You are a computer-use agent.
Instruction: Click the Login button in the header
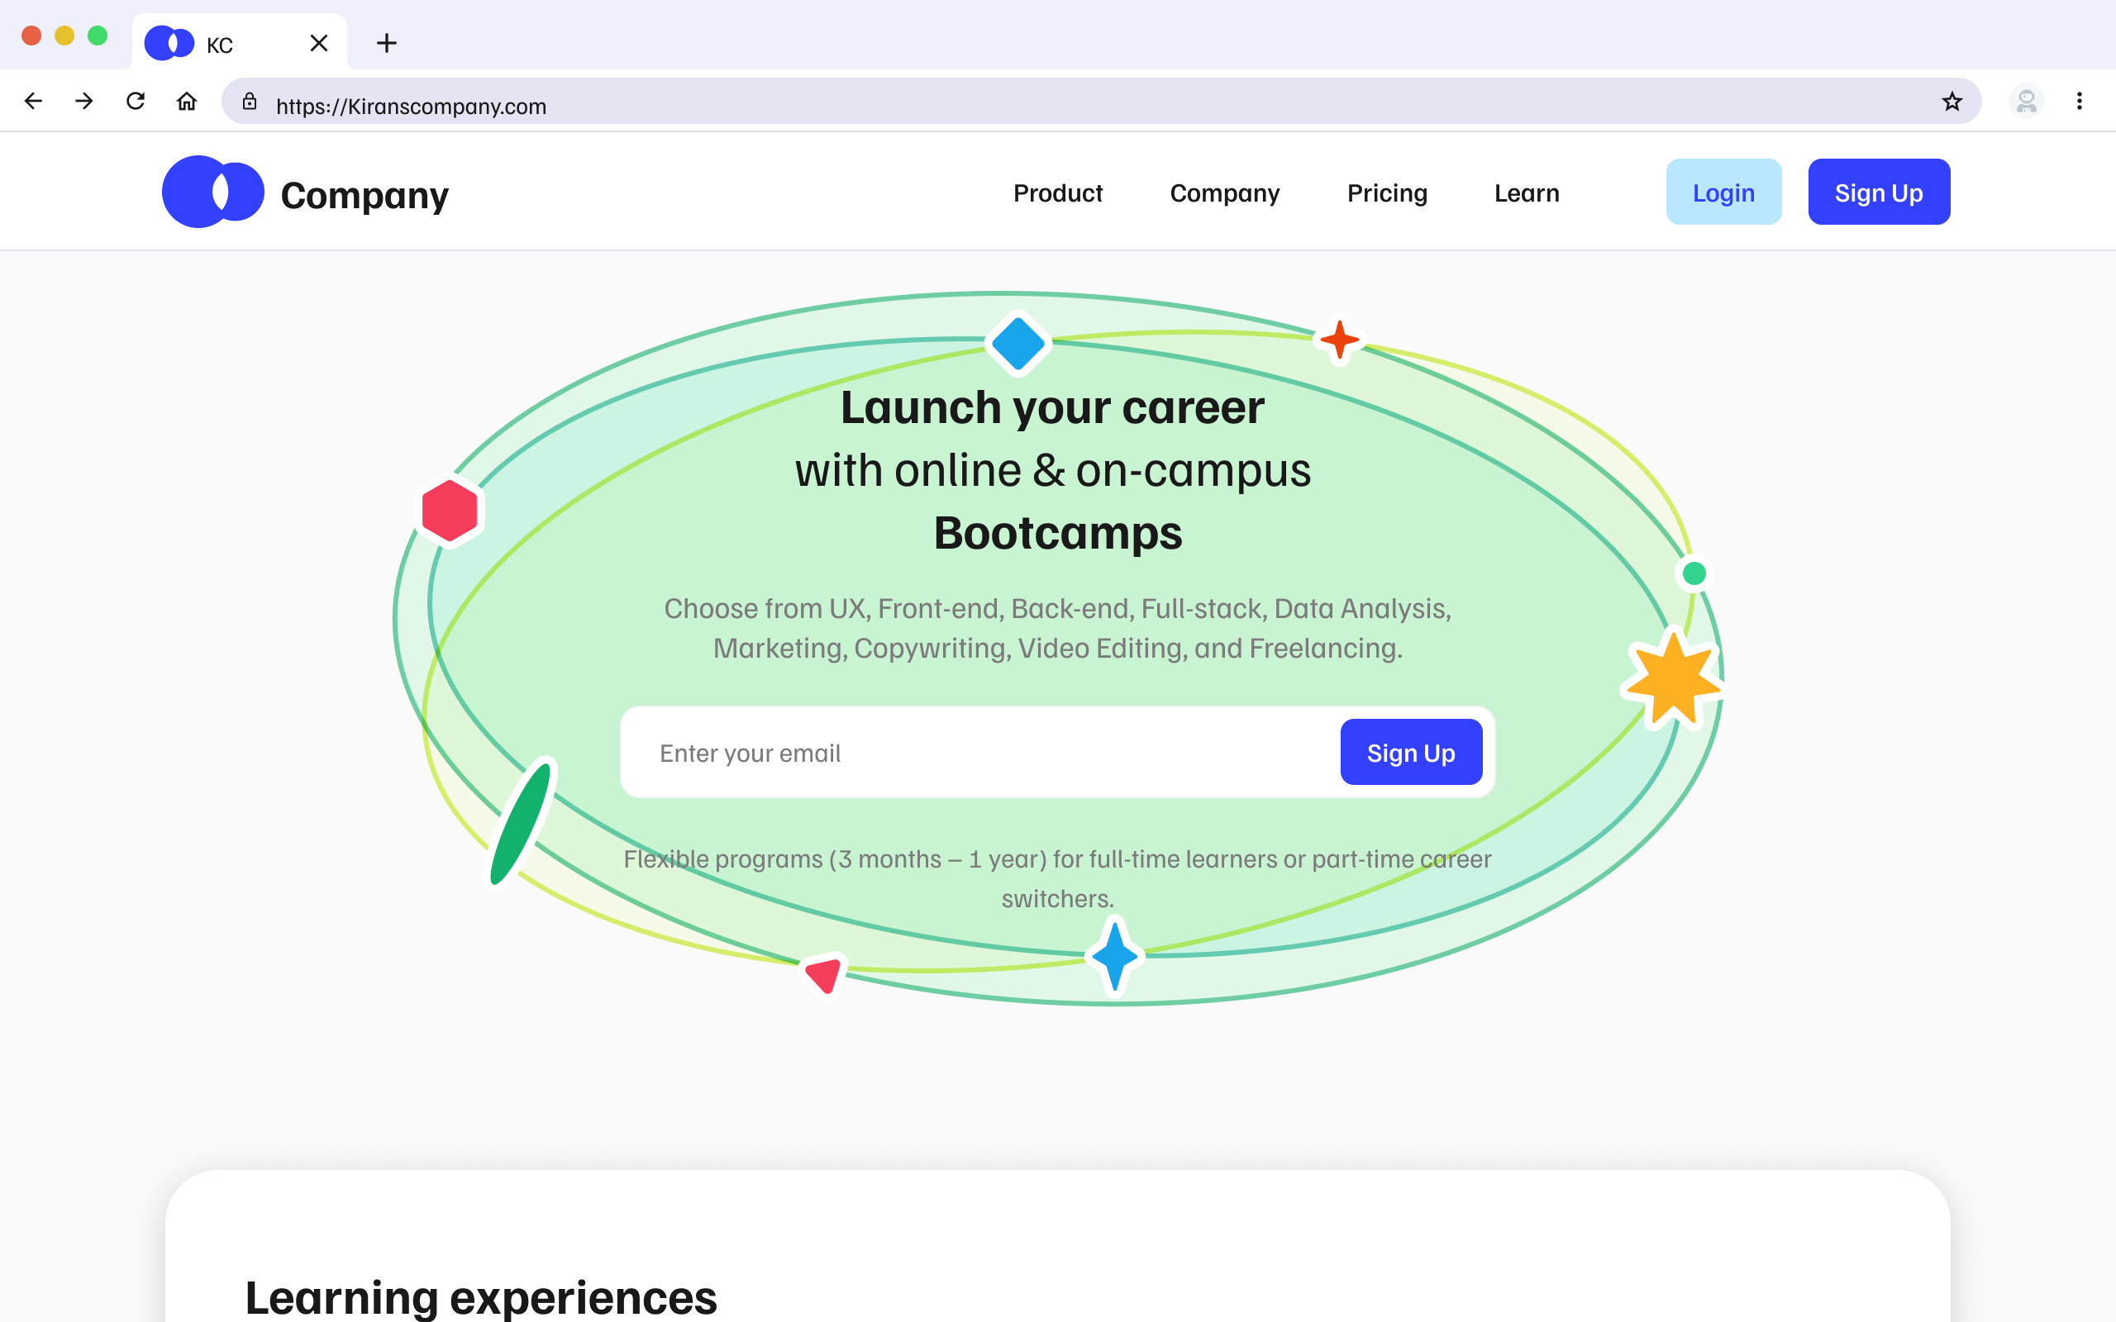coord(1723,193)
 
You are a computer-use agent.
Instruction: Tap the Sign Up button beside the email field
coord(1410,753)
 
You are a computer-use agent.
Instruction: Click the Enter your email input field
coord(979,753)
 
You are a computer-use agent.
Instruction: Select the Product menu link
coord(1057,193)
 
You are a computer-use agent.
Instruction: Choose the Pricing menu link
coord(1387,193)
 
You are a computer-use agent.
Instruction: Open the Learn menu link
coord(1527,193)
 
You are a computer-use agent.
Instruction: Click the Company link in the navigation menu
coord(1224,193)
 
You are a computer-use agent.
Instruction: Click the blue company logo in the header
coord(213,193)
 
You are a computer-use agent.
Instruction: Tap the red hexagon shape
coord(450,511)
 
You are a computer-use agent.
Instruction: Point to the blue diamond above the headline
coord(1017,344)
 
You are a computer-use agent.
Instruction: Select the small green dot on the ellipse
coord(1694,573)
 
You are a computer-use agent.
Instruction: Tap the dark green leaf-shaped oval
coord(520,824)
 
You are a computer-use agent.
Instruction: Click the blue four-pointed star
coord(1115,957)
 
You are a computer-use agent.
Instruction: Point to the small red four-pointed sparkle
coord(1340,340)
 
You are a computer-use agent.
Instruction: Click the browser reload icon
coord(136,102)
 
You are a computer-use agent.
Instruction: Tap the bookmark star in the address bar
coord(1952,102)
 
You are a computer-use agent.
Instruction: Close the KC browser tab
coord(319,43)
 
